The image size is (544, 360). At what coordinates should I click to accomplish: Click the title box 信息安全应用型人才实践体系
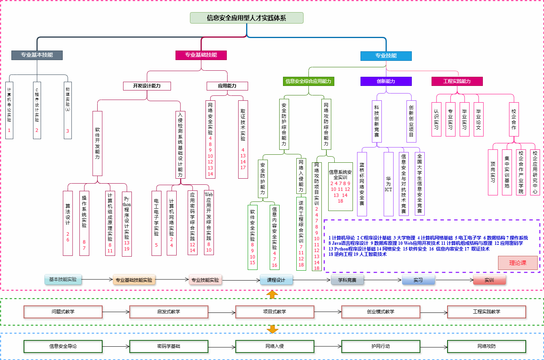coord(247,18)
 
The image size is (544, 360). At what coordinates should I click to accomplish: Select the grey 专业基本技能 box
coord(37,55)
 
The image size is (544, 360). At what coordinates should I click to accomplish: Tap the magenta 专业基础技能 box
coord(201,55)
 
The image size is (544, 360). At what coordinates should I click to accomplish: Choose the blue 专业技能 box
coord(386,56)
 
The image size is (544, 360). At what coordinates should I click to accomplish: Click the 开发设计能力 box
coord(147,86)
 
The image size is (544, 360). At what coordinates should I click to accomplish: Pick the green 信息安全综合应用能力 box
coord(308,81)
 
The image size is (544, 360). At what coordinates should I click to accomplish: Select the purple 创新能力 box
coord(386,81)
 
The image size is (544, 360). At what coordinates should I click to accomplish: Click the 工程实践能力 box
coord(457,81)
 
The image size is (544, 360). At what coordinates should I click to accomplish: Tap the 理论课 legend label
coord(518,263)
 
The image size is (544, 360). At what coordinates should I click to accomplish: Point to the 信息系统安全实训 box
coord(340,187)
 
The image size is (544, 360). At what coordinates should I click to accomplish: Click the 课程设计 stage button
coord(276,280)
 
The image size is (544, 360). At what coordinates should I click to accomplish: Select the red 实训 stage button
coord(489,280)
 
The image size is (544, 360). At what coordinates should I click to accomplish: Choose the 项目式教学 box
coord(275,312)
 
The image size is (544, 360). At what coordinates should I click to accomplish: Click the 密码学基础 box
coord(169,346)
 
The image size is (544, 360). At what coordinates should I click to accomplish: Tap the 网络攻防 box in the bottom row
coord(487,346)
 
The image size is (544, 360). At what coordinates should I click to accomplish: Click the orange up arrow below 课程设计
coord(272,295)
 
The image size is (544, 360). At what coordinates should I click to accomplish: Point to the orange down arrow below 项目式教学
coord(272,329)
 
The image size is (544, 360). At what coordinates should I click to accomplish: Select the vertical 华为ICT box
coord(388,184)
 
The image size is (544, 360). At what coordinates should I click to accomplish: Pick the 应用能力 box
coord(227,86)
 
